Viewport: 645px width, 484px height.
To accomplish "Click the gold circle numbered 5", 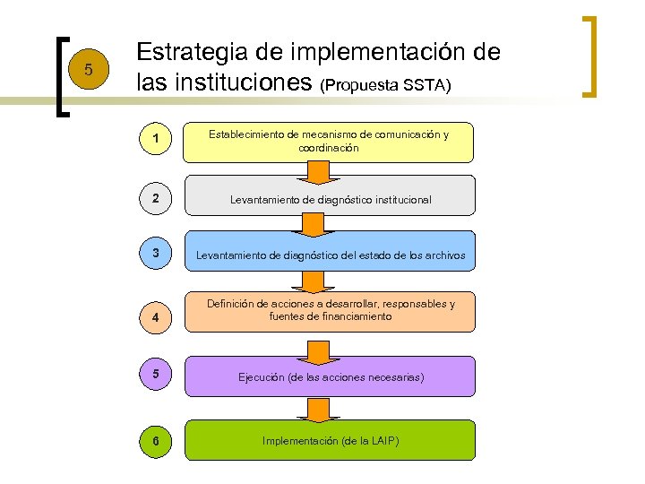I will [x=87, y=69].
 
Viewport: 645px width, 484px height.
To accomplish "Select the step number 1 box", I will [x=157, y=139].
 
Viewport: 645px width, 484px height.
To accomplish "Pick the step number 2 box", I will [x=157, y=198].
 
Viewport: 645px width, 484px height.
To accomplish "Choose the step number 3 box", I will [x=157, y=254].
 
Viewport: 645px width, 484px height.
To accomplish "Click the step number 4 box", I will [x=157, y=317].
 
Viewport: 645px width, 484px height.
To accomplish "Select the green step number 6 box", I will [x=157, y=440].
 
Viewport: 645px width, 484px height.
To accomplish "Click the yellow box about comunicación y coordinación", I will [x=328, y=142].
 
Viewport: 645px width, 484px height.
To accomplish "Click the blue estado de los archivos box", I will [x=328, y=255].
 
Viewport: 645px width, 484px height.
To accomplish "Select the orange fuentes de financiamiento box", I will [x=328, y=311].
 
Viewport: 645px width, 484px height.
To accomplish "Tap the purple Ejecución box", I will [x=328, y=376].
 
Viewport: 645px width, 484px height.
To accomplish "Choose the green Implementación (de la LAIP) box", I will [x=328, y=440].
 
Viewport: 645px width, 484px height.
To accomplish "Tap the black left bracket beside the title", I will [x=60, y=76].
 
